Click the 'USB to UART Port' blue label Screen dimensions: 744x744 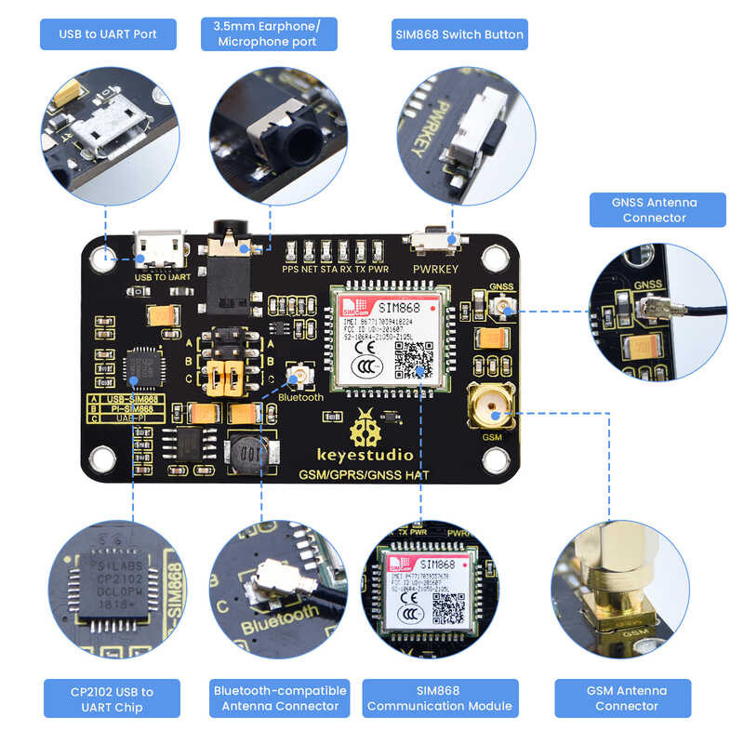(x=108, y=34)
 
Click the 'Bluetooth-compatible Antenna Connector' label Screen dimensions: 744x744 (x=280, y=697)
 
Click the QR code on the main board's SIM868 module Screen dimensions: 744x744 (x=414, y=359)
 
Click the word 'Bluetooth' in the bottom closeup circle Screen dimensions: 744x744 (x=279, y=621)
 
